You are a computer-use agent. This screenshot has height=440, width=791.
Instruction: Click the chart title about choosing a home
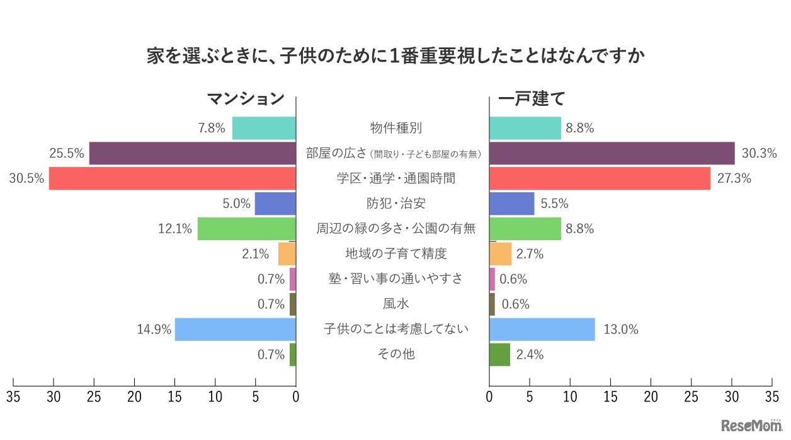click(x=396, y=57)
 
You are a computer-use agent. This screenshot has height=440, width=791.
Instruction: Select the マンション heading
click(x=246, y=99)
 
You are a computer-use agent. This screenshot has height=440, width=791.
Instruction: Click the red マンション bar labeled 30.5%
click(x=172, y=178)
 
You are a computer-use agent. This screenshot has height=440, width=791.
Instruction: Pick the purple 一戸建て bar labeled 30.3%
click(x=612, y=153)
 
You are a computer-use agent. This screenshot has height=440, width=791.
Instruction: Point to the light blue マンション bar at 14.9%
click(x=235, y=329)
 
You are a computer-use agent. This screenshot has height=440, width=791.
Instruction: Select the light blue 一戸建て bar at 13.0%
click(x=542, y=329)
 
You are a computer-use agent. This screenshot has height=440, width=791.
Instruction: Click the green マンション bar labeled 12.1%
click(x=246, y=229)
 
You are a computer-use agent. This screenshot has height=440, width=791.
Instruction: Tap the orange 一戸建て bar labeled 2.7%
click(x=500, y=254)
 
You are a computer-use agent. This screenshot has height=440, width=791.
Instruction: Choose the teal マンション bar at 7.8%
click(x=264, y=128)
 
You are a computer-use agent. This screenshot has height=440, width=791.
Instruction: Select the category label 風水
click(x=396, y=304)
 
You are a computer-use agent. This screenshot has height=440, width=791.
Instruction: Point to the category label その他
click(x=396, y=354)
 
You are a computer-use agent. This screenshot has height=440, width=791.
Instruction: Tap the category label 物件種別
click(x=396, y=128)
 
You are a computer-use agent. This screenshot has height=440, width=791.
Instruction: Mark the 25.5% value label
click(x=66, y=153)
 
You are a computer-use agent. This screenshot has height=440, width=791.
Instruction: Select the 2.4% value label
click(x=530, y=354)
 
